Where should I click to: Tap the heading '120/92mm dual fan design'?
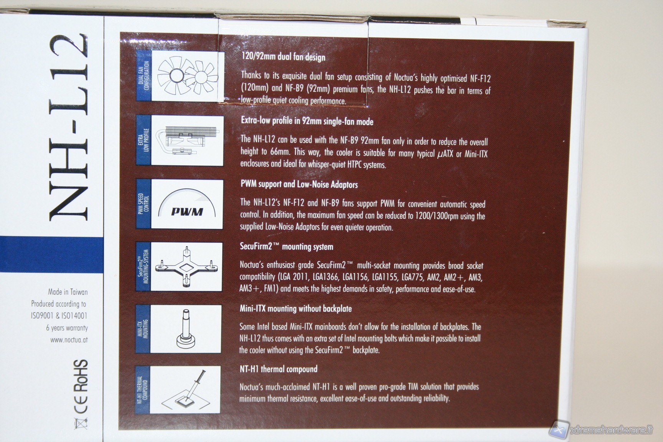click(283, 57)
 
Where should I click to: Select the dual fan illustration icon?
click(187, 76)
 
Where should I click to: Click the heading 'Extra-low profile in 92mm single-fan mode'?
click(307, 121)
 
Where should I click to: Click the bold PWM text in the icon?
click(187, 211)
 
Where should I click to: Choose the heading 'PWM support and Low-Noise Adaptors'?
click(299, 184)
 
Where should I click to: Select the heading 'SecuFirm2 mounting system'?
click(286, 246)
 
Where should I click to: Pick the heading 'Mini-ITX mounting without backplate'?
click(295, 308)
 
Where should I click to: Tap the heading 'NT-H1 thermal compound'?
click(278, 369)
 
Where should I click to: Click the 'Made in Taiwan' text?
click(68, 292)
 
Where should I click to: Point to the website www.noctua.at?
click(69, 340)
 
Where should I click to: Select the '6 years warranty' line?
click(67, 328)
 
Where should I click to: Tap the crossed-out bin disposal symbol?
click(80, 423)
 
